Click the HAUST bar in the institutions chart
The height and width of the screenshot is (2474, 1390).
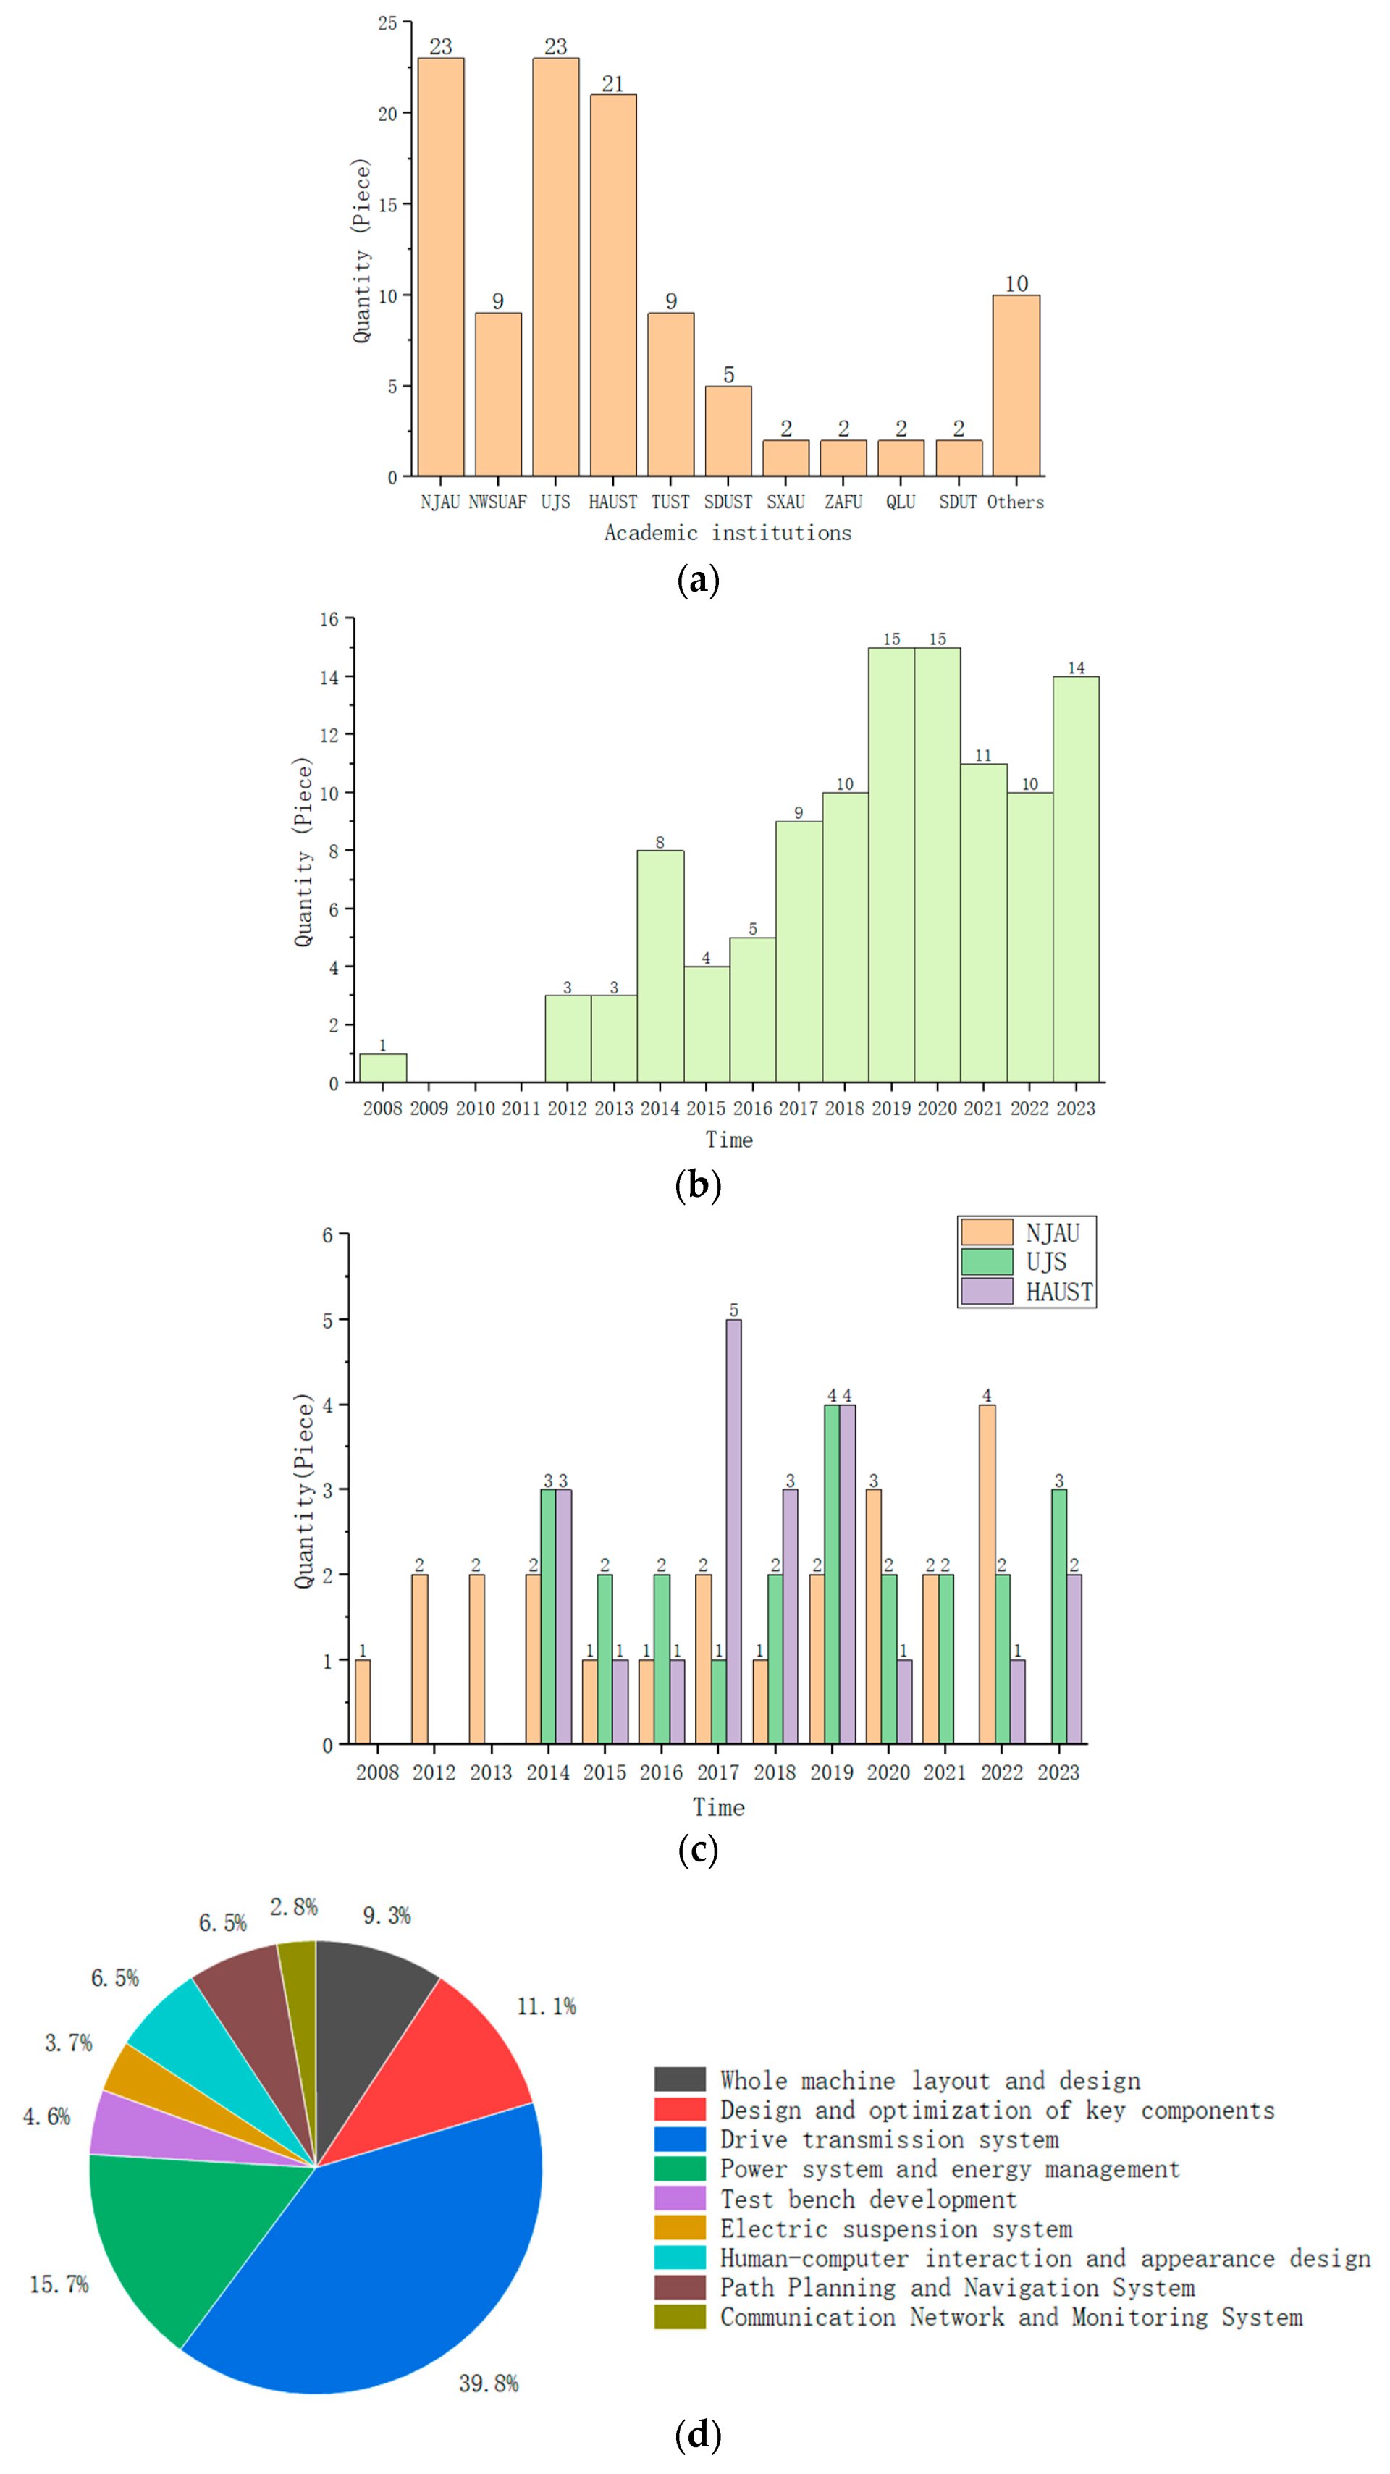pyautogui.click(x=613, y=285)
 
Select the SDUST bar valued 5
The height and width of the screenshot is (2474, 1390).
pyautogui.click(x=728, y=432)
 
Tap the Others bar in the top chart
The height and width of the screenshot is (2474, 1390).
pyautogui.click(x=1016, y=385)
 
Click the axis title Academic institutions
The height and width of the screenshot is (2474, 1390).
pyautogui.click(x=727, y=533)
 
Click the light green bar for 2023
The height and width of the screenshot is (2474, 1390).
pyautogui.click(x=1076, y=880)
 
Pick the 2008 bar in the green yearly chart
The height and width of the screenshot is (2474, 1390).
pyautogui.click(x=382, y=1068)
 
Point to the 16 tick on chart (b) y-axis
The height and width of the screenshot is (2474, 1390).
pyautogui.click(x=329, y=620)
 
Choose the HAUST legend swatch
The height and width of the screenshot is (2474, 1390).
pyautogui.click(x=987, y=1292)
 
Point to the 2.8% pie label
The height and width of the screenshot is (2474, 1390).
pyautogui.click(x=293, y=1907)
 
